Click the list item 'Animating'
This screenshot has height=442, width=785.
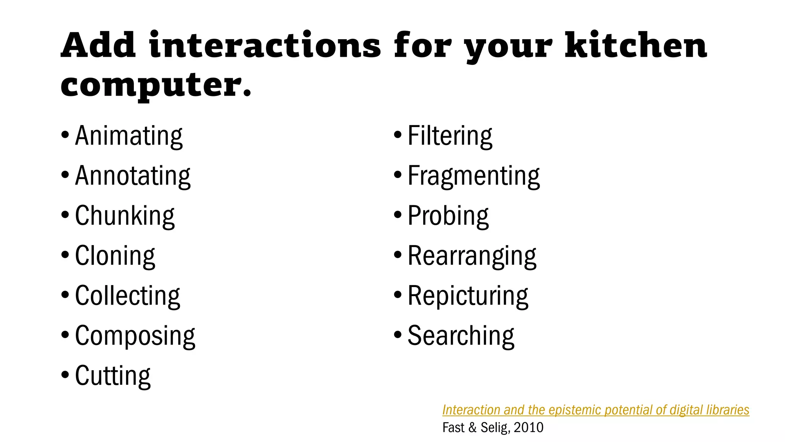[129, 136]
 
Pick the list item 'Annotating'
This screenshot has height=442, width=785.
[133, 176]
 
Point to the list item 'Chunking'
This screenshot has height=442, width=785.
[125, 216]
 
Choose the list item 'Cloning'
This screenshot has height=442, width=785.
[115, 256]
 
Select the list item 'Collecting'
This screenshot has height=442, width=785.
[128, 296]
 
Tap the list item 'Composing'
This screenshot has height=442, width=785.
[135, 336]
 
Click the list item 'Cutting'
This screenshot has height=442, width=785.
[113, 376]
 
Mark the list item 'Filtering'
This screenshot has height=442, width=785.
[450, 136]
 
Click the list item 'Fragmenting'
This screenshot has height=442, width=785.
[474, 176]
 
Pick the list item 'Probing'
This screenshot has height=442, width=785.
[448, 216]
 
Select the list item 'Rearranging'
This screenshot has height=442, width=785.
[472, 256]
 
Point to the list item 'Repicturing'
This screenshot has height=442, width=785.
[468, 296]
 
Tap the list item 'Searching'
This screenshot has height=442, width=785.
[461, 336]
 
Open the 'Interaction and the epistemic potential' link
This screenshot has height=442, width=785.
[596, 410]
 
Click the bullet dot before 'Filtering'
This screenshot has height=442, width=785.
[398, 135]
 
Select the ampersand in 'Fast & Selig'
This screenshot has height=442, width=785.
[472, 427]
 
